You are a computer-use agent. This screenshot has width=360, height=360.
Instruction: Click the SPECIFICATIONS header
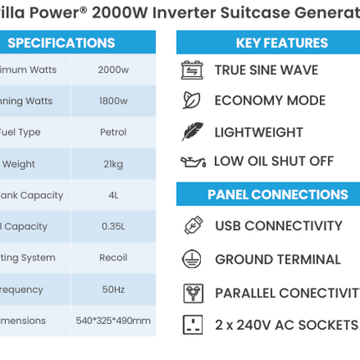click(61, 43)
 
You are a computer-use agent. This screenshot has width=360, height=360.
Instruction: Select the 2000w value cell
click(113, 69)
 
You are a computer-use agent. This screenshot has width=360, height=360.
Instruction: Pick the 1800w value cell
click(113, 101)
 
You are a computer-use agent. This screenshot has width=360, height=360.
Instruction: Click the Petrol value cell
click(113, 132)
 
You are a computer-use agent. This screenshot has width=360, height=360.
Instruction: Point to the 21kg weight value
click(113, 164)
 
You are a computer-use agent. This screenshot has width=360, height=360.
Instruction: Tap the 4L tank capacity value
click(113, 195)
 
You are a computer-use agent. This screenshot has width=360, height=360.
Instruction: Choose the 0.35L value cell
click(113, 226)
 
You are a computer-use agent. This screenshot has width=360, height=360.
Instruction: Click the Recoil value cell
click(113, 258)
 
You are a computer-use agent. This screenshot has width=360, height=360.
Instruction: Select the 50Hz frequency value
click(113, 290)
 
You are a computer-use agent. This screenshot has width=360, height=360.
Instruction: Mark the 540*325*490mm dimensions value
click(113, 321)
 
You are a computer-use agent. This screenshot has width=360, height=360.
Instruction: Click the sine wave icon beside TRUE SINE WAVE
click(193, 69)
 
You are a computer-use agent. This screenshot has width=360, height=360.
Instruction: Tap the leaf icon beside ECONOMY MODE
click(193, 100)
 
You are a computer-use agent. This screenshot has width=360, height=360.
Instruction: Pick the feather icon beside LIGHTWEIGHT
click(193, 131)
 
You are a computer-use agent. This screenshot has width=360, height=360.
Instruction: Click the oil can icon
click(193, 162)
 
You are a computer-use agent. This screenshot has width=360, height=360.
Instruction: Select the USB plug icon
click(193, 225)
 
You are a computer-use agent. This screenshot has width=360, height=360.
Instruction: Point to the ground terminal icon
click(193, 259)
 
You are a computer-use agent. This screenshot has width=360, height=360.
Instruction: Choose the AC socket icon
click(193, 325)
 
